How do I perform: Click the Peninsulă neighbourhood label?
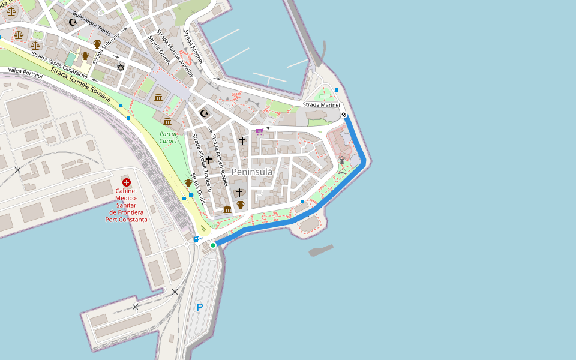point(252,172)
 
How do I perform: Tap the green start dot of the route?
point(213,245)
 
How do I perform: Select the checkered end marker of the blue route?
point(344,115)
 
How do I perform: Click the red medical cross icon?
point(126,182)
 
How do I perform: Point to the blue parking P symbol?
point(200,307)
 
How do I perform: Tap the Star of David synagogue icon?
point(120,68)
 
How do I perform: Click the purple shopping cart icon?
point(259,131)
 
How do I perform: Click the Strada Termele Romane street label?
point(81,85)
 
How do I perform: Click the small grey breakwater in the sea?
point(320,250)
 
